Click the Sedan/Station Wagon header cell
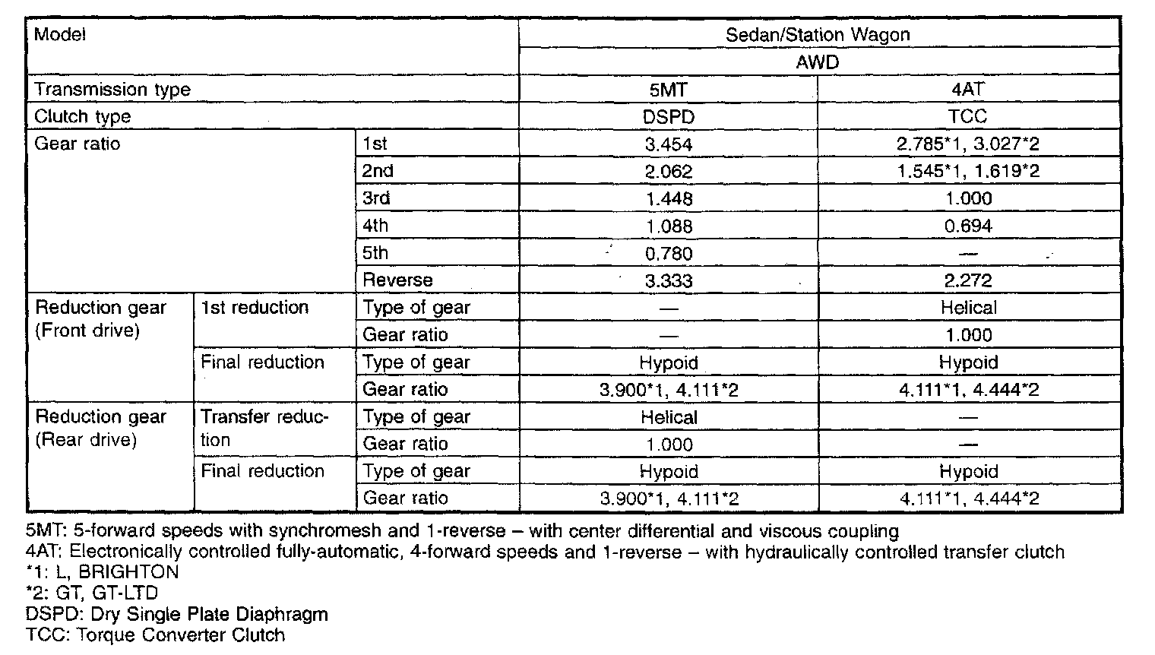[x=817, y=34]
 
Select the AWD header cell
[x=817, y=62]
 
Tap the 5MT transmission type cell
[x=668, y=90]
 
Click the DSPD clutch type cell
[x=668, y=117]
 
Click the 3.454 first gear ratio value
[x=668, y=144]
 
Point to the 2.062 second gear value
[x=668, y=172]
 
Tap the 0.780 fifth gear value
[x=668, y=254]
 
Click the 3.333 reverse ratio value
[x=668, y=281]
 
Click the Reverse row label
[x=397, y=280]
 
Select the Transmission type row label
[x=112, y=90]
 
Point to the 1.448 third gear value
[x=668, y=199]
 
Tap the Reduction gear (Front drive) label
[x=100, y=319]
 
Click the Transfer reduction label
[x=264, y=428]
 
